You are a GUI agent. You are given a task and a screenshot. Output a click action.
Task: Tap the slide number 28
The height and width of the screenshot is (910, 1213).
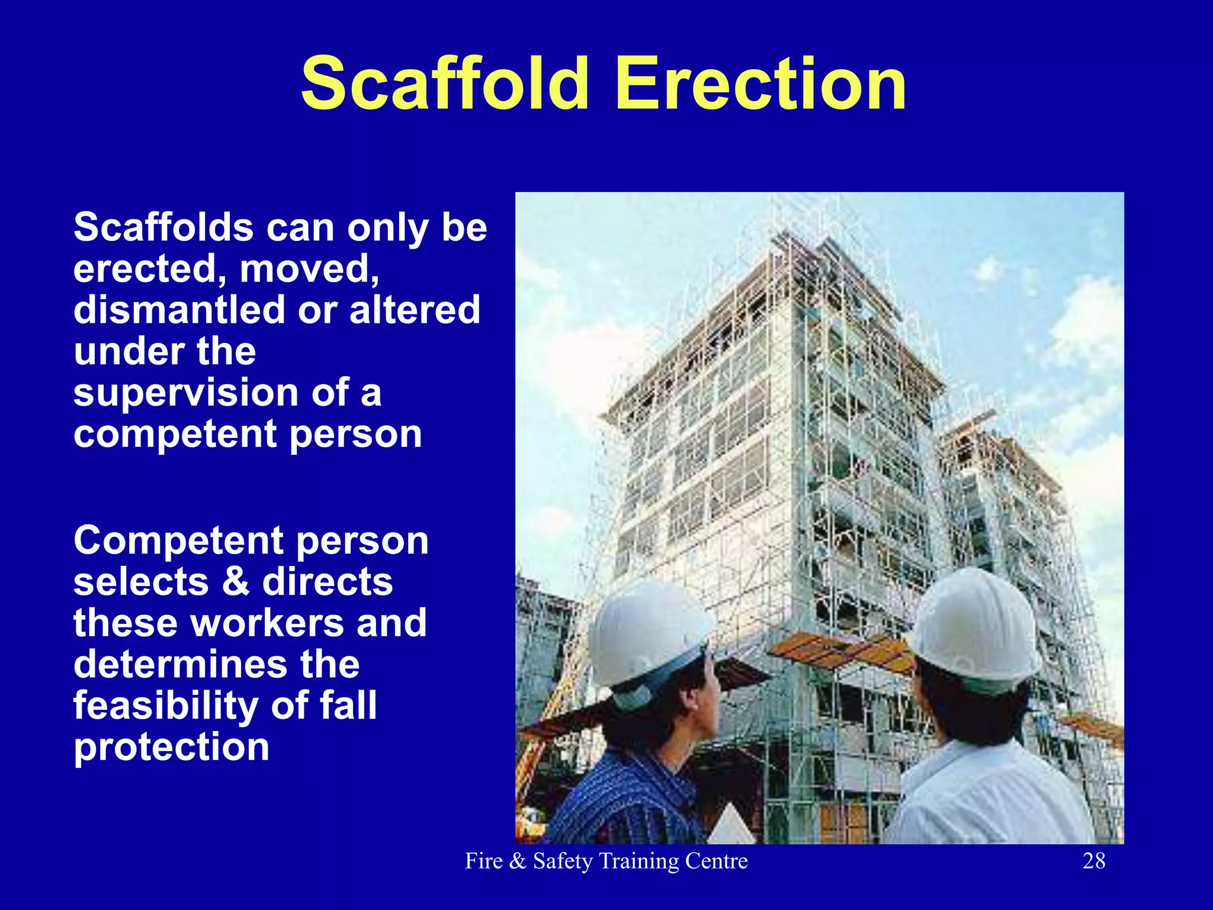pyautogui.click(x=1093, y=861)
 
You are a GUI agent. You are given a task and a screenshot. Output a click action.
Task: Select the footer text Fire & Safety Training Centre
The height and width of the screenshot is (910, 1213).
pyautogui.click(x=606, y=861)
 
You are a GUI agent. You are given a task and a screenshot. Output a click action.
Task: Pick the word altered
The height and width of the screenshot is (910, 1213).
pyautogui.click(x=415, y=310)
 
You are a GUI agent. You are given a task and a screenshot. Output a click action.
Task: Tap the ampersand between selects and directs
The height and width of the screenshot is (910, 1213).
pyautogui.click(x=236, y=582)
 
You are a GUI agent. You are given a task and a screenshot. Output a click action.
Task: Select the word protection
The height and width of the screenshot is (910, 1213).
pyautogui.click(x=171, y=747)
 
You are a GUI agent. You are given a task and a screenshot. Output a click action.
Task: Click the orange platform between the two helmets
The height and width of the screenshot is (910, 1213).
pyautogui.click(x=841, y=652)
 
